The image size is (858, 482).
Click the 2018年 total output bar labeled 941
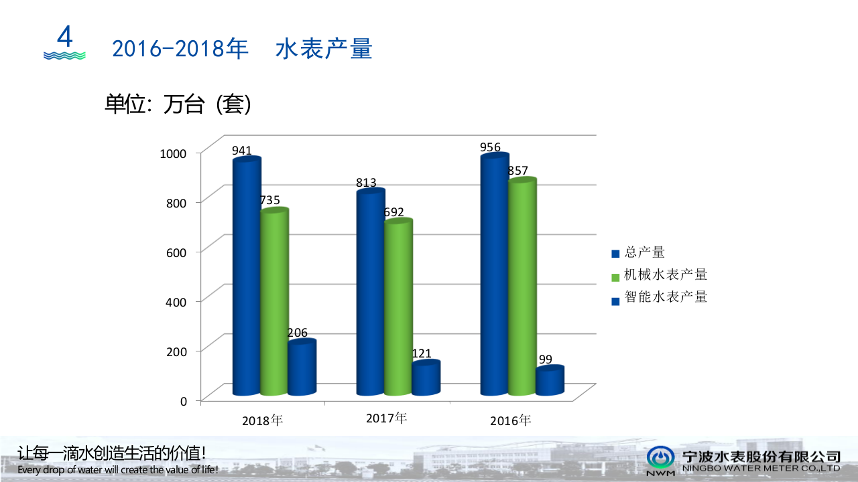click(x=246, y=278)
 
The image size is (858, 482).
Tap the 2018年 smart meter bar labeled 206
click(x=302, y=368)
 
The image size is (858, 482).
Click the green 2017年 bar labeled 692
click(x=398, y=308)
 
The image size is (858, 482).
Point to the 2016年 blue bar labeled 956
click(x=494, y=275)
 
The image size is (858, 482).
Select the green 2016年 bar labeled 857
click(x=522, y=287)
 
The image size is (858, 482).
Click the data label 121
click(x=422, y=353)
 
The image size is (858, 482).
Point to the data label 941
click(x=242, y=151)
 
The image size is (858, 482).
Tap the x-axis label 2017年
click(x=386, y=418)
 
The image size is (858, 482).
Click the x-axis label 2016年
click(x=510, y=420)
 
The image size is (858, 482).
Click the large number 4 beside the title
click(x=64, y=37)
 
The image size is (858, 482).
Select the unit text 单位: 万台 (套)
click(x=178, y=104)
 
